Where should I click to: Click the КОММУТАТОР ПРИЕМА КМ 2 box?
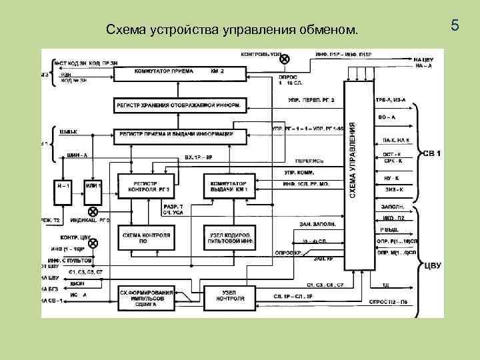point(180,71)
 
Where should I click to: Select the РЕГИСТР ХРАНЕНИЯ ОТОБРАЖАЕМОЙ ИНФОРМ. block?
point(180,105)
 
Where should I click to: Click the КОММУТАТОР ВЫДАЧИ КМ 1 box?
point(228,185)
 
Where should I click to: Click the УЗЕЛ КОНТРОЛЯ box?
point(228,297)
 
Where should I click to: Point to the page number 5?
point(455,27)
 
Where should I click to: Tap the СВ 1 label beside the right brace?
point(433,154)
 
